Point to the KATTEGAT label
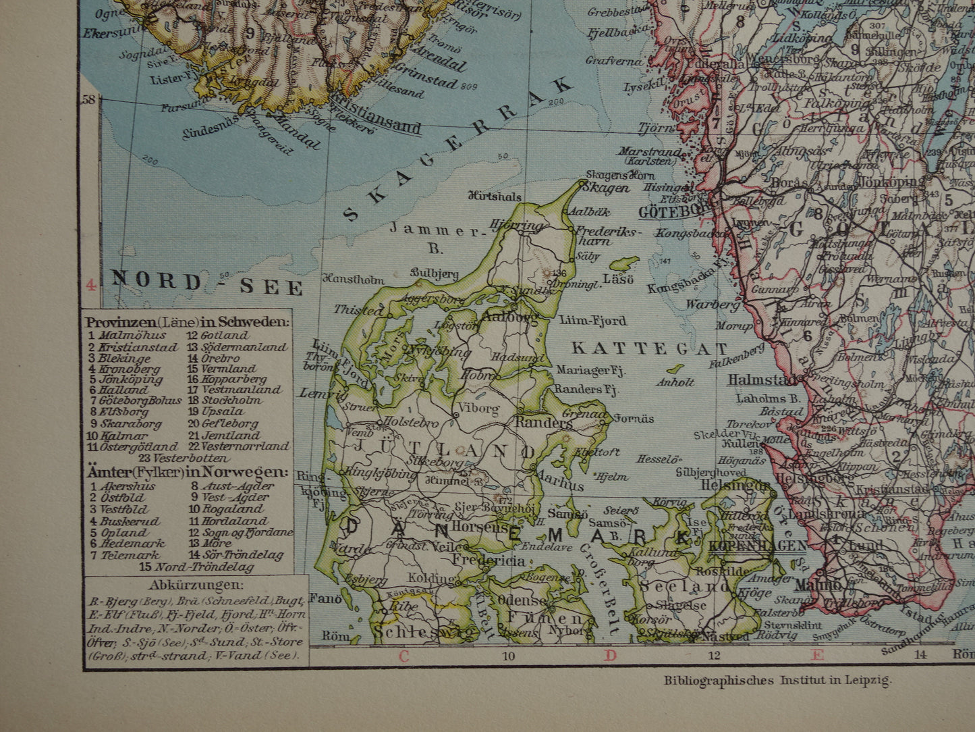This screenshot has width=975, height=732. click(650, 349)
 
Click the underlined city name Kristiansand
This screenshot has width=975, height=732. click(374, 126)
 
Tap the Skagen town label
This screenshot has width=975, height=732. click(605, 188)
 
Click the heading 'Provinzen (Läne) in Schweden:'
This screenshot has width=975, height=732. click(188, 322)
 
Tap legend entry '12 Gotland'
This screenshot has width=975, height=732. click(218, 335)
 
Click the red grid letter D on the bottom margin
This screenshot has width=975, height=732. click(610, 654)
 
